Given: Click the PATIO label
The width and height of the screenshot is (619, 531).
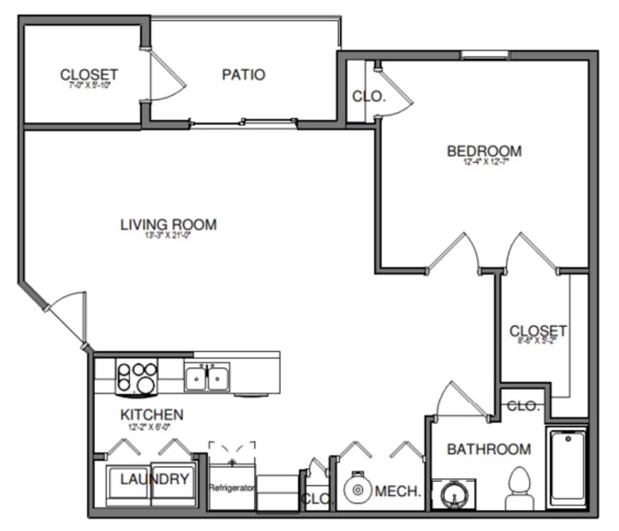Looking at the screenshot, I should click(x=243, y=75).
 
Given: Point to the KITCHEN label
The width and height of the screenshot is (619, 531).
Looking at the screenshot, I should click(x=151, y=414).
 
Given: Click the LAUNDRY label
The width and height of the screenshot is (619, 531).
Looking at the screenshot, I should click(x=154, y=479).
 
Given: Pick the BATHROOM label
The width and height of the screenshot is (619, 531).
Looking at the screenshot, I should click(x=489, y=449).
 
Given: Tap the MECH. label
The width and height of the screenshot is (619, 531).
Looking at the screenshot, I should click(x=398, y=491).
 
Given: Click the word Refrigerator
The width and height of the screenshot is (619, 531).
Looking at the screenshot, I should click(x=232, y=488).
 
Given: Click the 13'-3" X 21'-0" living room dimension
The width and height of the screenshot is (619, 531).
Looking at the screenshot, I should click(x=168, y=235).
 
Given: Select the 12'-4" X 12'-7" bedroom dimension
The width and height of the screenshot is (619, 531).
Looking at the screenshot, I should click(x=484, y=161).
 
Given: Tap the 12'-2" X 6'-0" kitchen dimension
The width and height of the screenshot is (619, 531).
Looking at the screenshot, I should click(x=149, y=427).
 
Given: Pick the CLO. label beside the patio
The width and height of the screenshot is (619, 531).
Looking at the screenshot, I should click(x=369, y=96).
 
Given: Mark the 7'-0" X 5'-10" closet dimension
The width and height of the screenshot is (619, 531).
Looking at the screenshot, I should click(x=89, y=85).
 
